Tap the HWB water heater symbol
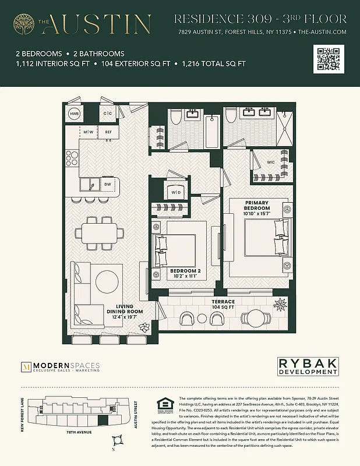coord(75,114)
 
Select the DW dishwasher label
coord(107,185)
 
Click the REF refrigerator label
coord(108,132)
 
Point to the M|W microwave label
coord(89,132)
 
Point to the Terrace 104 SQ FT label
coord(223,304)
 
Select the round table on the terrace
coord(256,317)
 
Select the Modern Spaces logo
coord(61,366)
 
